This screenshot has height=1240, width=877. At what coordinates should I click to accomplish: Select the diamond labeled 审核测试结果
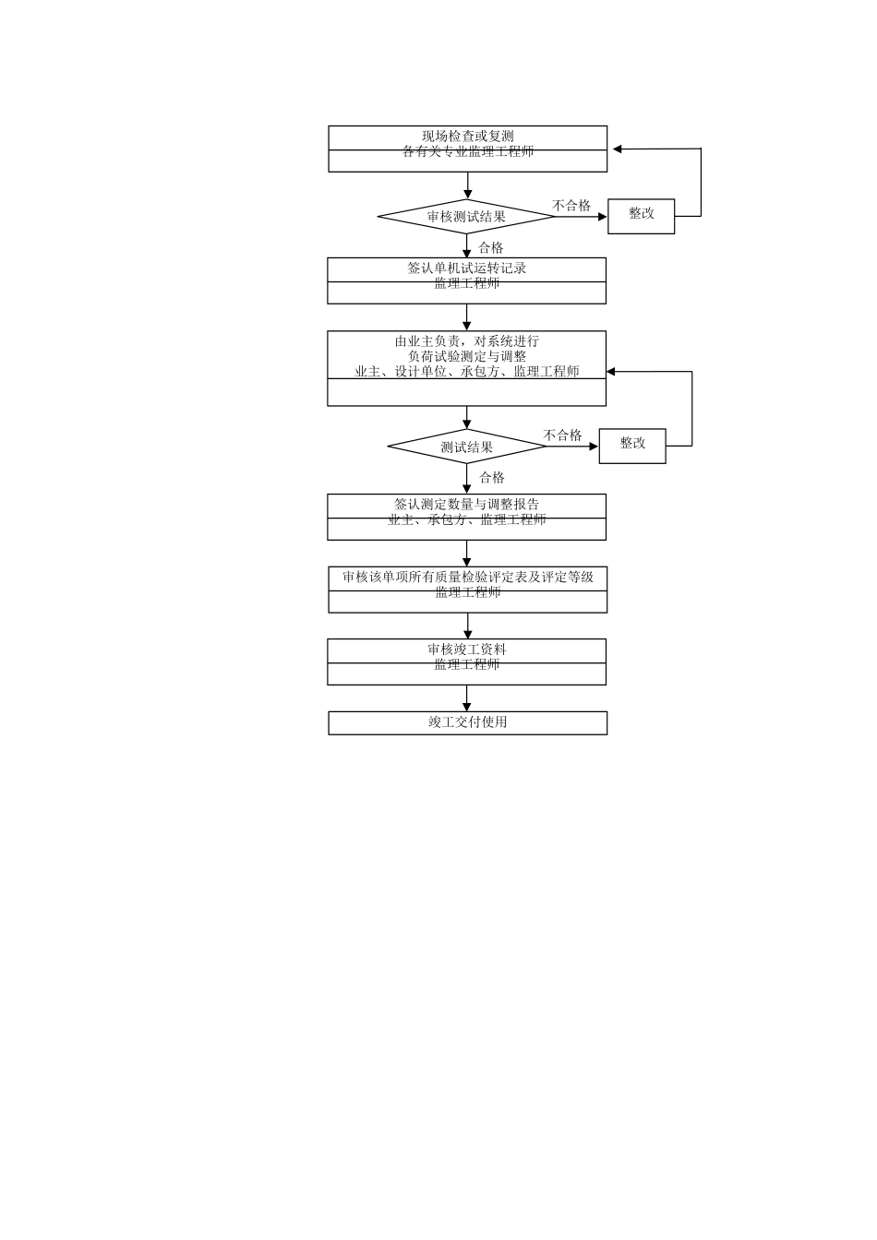tap(466, 218)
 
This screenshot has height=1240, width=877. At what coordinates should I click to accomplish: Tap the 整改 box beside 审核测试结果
tap(641, 215)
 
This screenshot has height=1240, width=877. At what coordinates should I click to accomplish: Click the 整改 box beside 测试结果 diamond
tap(632, 445)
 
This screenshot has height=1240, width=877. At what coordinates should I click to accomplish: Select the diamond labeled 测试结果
tap(467, 447)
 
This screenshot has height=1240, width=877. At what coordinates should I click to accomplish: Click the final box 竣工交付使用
tap(468, 722)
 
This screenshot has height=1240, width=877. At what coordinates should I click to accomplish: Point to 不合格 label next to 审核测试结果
tap(571, 206)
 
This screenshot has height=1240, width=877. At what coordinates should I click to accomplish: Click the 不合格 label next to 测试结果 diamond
tap(562, 435)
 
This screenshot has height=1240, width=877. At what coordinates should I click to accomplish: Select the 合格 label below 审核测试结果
tap(491, 247)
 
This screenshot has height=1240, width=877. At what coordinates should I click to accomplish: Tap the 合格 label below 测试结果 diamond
tap(492, 477)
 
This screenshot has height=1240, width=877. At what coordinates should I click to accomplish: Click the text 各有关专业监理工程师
tap(468, 151)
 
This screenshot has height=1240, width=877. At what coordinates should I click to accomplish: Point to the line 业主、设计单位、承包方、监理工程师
tap(467, 372)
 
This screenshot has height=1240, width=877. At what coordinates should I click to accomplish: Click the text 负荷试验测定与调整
tap(467, 356)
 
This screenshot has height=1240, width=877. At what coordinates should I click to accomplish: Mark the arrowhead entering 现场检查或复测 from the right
tap(616, 149)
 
